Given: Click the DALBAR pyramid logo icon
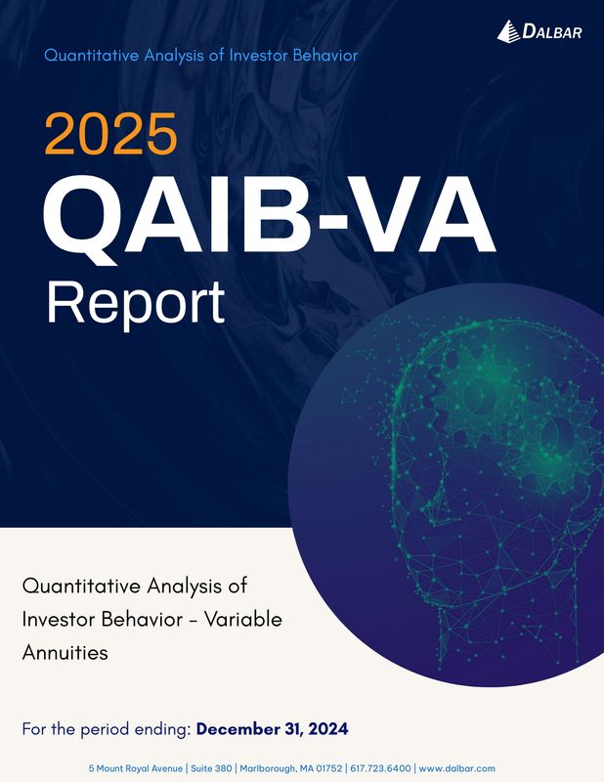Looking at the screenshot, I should [509, 31].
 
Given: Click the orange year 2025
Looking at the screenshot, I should [109, 135].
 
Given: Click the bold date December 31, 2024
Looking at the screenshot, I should [272, 729].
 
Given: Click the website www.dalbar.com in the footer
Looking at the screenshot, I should [456, 769].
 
